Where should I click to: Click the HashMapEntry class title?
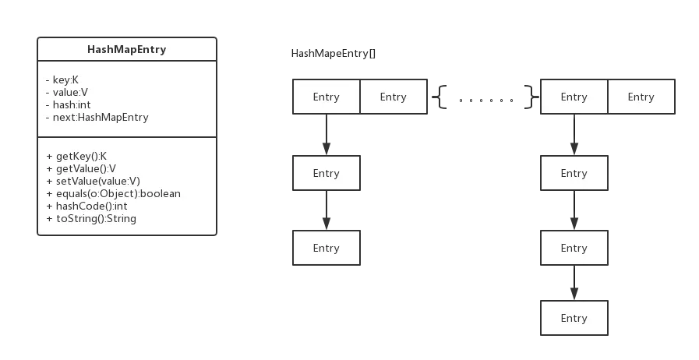pyautogui.click(x=127, y=50)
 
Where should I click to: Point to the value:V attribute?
pyautogui.click(x=71, y=93)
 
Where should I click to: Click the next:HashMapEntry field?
pyautogui.click(x=97, y=118)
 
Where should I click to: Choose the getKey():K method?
pyautogui.click(x=76, y=156)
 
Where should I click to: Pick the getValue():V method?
pyautogui.click(x=81, y=168)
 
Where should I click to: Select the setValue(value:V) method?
pyautogui.click(x=93, y=181)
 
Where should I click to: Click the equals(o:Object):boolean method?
pyautogui.click(x=113, y=193)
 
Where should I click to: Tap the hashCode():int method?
pyautogui.click(x=85, y=206)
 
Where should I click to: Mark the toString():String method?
pyautogui.click(x=91, y=218)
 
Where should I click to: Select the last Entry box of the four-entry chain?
pyautogui.click(x=574, y=318)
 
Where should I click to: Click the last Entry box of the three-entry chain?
pyautogui.click(x=326, y=248)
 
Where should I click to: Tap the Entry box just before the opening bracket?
pyautogui.click(x=394, y=97)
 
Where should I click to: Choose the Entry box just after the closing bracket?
pyautogui.click(x=574, y=97)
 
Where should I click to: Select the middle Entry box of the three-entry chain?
pyautogui.click(x=326, y=173)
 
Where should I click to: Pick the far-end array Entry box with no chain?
pyautogui.click(x=641, y=97)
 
